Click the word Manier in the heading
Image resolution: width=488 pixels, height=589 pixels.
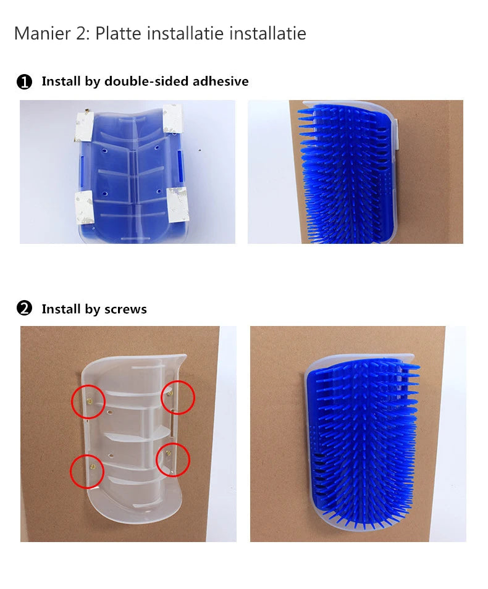click(42, 33)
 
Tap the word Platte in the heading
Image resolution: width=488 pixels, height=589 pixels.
click(119, 33)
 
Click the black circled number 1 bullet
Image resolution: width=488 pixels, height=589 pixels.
click(25, 81)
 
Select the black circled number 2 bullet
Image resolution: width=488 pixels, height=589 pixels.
click(25, 309)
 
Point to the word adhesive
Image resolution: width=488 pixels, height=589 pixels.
click(221, 81)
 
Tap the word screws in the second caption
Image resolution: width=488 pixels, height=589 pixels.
click(125, 309)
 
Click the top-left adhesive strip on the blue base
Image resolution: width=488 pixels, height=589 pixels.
click(84, 126)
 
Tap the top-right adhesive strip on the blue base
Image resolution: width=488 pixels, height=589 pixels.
click(172, 118)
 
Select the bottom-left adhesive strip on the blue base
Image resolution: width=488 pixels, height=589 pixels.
click(85, 207)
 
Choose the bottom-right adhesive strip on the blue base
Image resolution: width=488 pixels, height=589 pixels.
click(178, 205)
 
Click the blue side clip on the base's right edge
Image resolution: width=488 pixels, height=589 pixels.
click(180, 167)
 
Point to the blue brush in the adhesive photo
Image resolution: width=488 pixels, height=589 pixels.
click(345, 175)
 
